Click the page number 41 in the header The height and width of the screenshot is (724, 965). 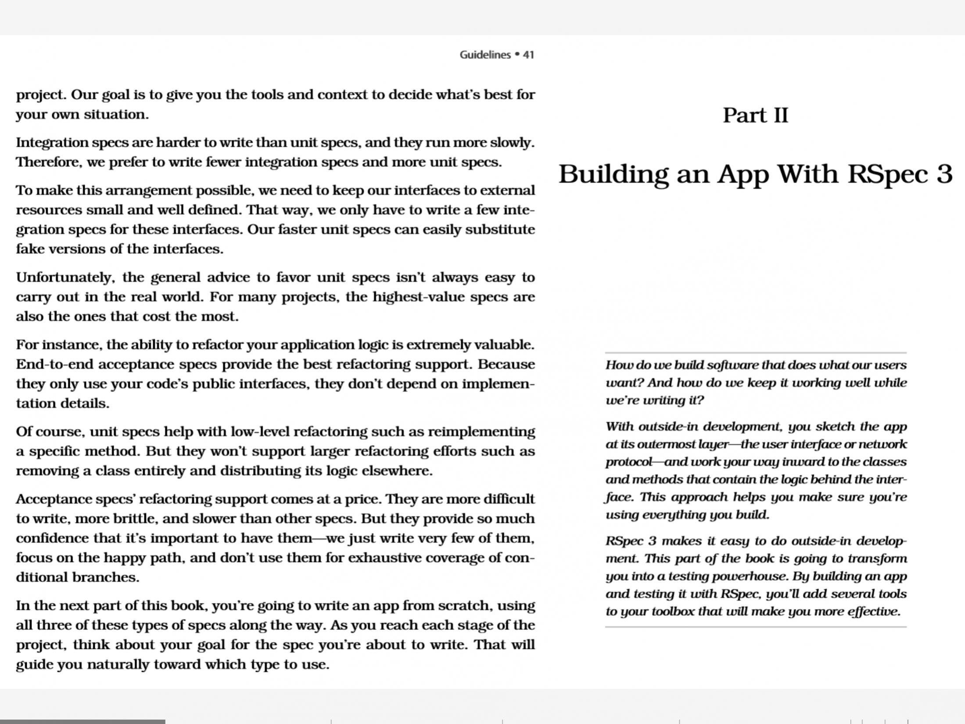528,55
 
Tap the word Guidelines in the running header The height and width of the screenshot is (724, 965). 485,55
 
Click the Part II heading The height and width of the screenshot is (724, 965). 755,115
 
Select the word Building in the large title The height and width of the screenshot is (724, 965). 613,174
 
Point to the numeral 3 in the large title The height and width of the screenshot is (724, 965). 944,174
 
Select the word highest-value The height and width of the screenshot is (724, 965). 419,297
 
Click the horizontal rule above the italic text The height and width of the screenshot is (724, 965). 755,353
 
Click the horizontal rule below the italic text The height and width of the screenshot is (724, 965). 755,627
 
